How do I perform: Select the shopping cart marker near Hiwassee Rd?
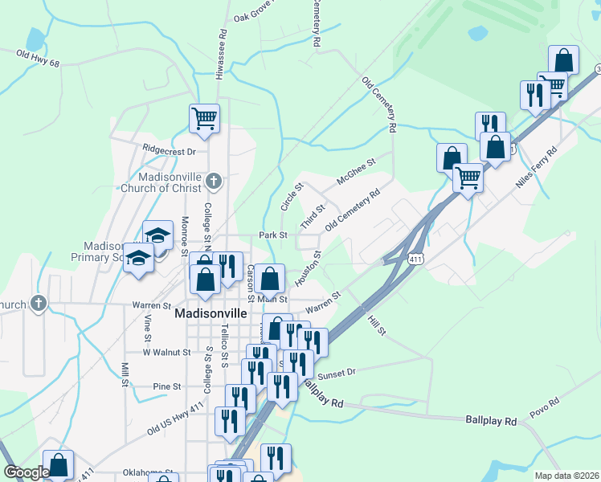pos(204,118)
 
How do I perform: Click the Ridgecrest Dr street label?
pos(169,150)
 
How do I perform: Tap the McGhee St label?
pos(356,172)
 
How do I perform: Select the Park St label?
pos(273,235)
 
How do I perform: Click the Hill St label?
pos(377,325)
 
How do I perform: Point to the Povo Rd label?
pos(543,408)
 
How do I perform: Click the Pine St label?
pos(167,386)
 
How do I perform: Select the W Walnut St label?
pos(166,352)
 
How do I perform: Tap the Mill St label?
pos(125,374)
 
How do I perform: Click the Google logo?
pos(27,472)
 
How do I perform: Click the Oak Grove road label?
pos(256,14)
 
